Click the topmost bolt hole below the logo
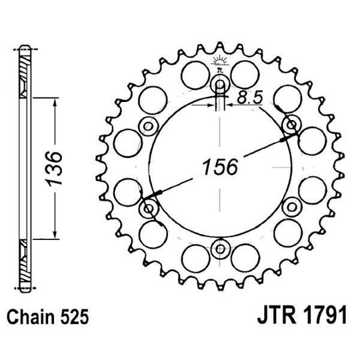219,85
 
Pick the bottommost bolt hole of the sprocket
219,249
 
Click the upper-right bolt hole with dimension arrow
291,125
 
